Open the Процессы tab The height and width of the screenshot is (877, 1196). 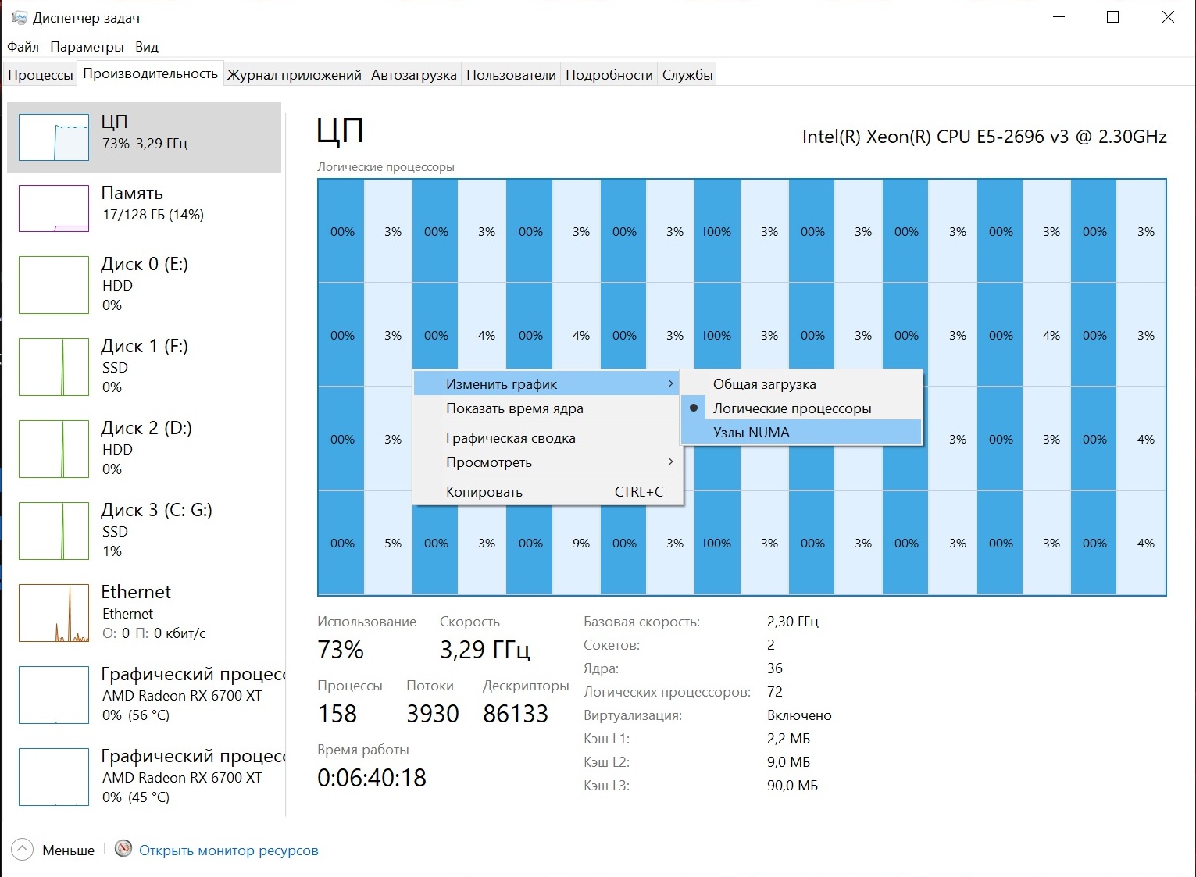coord(41,75)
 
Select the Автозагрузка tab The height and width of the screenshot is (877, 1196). coord(413,75)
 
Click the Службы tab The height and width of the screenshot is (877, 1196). coord(687,75)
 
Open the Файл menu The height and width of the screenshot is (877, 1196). coord(23,47)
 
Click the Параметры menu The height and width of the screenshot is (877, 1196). coord(87,47)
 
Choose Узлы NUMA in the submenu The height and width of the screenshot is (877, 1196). coord(751,433)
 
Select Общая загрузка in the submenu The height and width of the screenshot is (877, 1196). coord(764,384)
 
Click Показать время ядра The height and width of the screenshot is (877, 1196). coord(514,408)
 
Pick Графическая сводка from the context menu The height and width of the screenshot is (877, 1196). coord(510,438)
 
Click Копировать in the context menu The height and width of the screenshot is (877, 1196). coord(484,492)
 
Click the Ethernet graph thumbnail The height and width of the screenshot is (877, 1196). coord(54,613)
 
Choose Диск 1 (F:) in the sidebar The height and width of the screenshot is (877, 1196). coord(145,347)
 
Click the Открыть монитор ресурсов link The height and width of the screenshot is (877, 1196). coord(228,850)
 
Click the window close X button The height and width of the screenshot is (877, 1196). coord(1168,17)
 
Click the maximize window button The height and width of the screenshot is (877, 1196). coord(1113,17)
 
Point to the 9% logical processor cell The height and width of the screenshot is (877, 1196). coord(580,544)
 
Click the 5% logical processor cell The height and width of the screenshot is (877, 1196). coord(393,544)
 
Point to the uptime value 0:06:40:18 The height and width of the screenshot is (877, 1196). coord(372,778)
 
